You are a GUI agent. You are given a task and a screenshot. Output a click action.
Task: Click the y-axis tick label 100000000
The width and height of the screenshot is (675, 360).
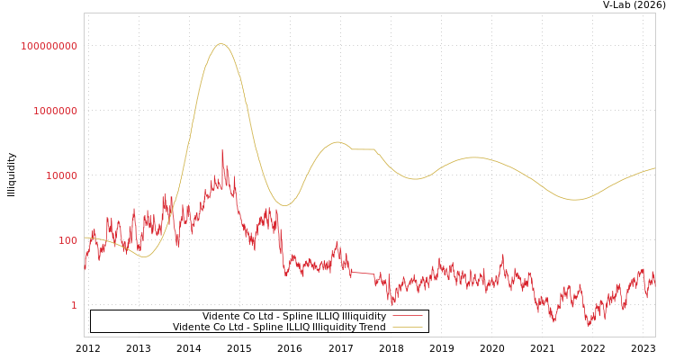[49, 46]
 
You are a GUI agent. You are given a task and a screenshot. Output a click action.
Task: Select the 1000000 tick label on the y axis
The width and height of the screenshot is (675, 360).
[55, 111]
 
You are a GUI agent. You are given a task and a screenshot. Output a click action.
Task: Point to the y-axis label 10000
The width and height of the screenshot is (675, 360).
[61, 175]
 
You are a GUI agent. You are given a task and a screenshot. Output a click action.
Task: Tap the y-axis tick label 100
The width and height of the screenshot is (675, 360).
[67, 240]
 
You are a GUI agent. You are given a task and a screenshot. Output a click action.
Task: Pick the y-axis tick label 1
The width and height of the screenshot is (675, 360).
[74, 305]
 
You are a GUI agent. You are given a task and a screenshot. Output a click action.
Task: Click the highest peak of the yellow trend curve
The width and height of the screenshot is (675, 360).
[220, 44]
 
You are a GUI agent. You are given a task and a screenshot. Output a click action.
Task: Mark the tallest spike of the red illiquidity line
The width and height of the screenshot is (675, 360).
[222, 150]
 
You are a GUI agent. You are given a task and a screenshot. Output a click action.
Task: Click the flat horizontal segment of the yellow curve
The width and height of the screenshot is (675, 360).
[363, 149]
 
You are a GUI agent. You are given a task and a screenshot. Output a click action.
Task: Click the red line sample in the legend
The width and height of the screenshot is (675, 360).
[408, 316]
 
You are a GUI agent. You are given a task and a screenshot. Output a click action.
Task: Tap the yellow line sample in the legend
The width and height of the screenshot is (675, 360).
[408, 327]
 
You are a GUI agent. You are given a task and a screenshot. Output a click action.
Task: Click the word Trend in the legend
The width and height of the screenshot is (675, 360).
[372, 327]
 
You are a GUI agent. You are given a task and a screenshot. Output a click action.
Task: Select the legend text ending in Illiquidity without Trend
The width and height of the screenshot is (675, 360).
[293, 316]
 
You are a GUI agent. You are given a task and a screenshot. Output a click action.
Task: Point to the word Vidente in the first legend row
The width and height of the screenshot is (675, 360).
[220, 316]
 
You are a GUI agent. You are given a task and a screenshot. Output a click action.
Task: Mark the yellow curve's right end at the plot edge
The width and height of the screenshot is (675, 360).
[654, 168]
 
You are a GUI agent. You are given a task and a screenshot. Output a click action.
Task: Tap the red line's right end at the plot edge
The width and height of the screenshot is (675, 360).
[654, 283]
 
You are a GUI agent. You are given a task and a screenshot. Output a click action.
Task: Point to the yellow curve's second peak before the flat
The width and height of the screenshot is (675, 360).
[337, 142]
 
